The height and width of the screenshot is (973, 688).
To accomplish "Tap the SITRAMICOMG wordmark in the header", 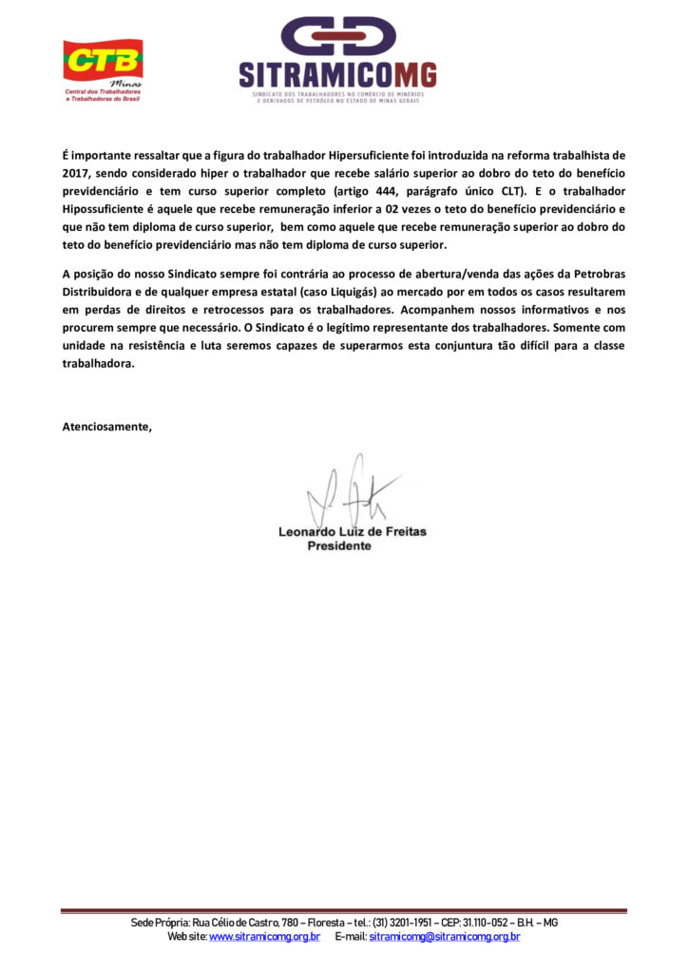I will click(x=337, y=74).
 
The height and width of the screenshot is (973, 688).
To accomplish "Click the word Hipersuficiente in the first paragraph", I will click(x=369, y=154).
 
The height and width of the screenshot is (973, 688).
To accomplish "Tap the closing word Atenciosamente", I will click(x=106, y=426).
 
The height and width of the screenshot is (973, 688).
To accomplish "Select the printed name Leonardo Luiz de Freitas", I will click(x=352, y=531).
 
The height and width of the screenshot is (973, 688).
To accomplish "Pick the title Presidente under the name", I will click(x=339, y=546).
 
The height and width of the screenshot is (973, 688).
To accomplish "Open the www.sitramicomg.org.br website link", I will click(x=264, y=937).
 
